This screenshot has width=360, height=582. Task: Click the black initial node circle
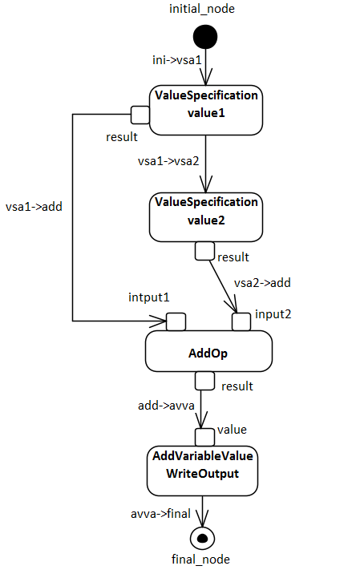pos(205,37)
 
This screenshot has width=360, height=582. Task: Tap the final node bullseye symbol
pos(202,538)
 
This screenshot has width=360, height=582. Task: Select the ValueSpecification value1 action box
pos(206,110)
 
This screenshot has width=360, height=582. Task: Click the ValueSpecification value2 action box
pos(206,217)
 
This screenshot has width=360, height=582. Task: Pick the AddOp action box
pos(208,351)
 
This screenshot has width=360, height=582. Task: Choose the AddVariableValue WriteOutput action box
pos(202,471)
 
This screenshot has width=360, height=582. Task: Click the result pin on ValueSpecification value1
pos(140,115)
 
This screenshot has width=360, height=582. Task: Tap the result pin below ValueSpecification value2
pos(205,251)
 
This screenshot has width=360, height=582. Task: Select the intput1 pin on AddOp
pos(176,321)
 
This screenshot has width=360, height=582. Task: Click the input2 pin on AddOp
pos(241,321)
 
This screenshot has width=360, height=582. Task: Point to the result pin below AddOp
pos(205,381)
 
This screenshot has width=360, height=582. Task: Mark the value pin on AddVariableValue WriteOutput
pos(205,437)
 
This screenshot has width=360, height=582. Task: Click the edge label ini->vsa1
pos(177,60)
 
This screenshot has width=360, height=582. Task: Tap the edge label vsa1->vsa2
pos(168,161)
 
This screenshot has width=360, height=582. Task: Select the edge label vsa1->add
pos(34,207)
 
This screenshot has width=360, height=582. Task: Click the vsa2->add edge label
pos(262,283)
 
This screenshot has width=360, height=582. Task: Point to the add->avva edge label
pos(166,406)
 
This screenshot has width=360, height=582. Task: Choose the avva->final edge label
pos(160,514)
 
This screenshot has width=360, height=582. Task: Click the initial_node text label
pos(202,9)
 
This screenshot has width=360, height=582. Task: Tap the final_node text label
pos(200,560)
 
